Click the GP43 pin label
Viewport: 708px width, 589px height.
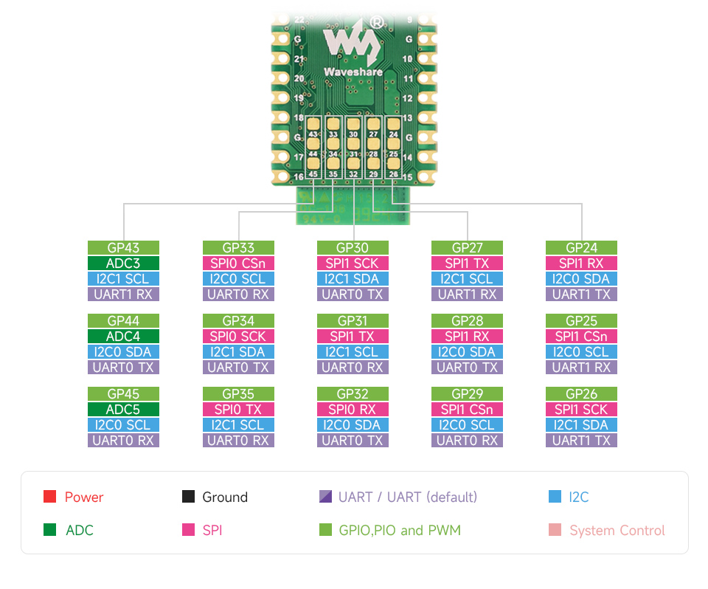pyautogui.click(x=123, y=248)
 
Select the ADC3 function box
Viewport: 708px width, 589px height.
pyautogui.click(x=123, y=263)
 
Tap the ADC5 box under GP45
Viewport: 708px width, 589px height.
pyautogui.click(x=123, y=410)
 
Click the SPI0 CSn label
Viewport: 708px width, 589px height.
pyautogui.click(x=238, y=263)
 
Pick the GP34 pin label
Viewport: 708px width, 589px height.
pyautogui.click(x=238, y=321)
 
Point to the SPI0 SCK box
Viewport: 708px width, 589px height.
pyautogui.click(x=238, y=337)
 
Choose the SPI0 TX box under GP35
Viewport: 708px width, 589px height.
pyautogui.click(x=238, y=410)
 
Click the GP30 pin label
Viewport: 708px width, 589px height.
pyautogui.click(x=353, y=248)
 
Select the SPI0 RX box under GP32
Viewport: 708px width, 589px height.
pyautogui.click(x=353, y=410)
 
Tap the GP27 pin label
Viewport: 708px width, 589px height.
pyautogui.click(x=467, y=248)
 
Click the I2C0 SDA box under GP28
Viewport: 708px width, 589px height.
pyautogui.click(x=467, y=352)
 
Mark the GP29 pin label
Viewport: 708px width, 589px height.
pyautogui.click(x=467, y=394)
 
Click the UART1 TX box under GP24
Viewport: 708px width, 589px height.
pyautogui.click(x=582, y=294)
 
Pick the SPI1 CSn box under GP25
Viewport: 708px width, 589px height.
pyautogui.click(x=582, y=337)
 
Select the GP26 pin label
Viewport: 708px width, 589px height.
pyautogui.click(x=582, y=394)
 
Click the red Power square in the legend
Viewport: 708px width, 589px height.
pyautogui.click(x=50, y=497)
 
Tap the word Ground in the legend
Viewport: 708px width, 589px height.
pyautogui.click(x=224, y=497)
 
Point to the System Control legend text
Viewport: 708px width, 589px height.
pyautogui.click(x=617, y=531)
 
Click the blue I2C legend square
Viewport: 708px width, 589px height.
pyautogui.click(x=555, y=497)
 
